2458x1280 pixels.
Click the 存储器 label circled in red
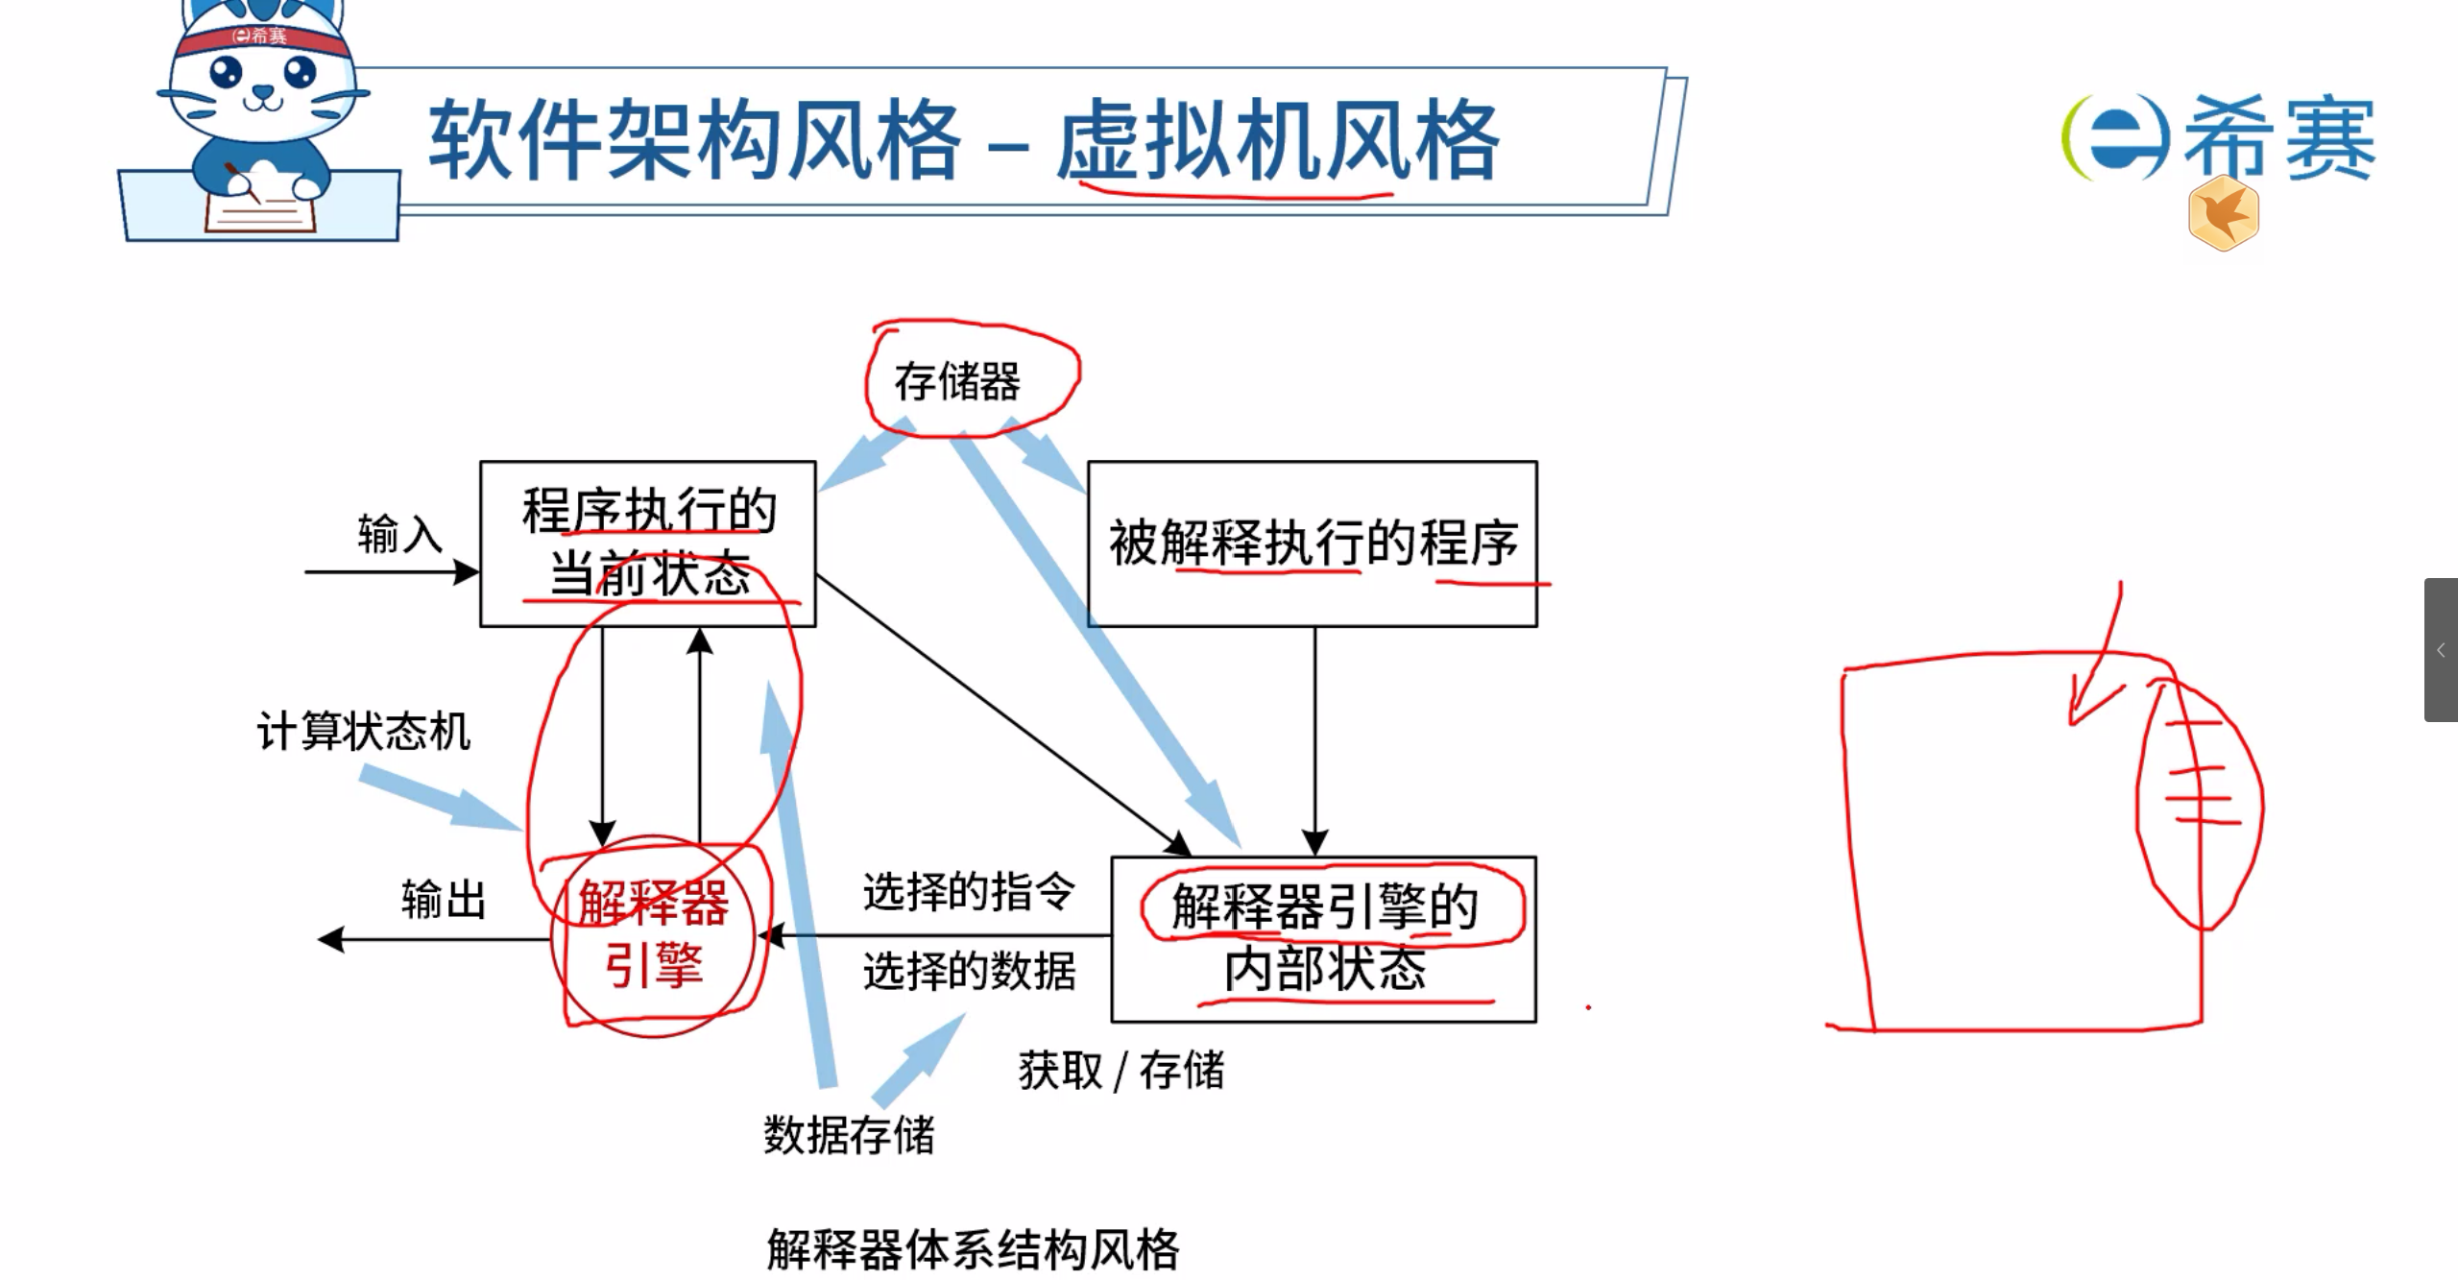click(956, 382)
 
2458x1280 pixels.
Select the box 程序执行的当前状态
click(648, 543)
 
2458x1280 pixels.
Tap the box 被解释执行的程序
click(1312, 543)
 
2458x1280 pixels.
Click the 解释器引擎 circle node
click(654, 935)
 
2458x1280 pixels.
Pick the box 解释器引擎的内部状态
click(1323, 938)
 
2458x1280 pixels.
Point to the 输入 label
click(399, 534)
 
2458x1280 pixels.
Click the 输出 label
click(444, 901)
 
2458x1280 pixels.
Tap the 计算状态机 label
click(364, 732)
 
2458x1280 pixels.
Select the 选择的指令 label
click(969, 892)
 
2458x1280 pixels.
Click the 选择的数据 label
click(969, 971)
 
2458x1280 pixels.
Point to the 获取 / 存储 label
click(1121, 1071)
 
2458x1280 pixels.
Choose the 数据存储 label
click(849, 1135)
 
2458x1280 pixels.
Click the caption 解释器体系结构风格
click(973, 1249)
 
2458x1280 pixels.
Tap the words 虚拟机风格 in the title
click(1277, 142)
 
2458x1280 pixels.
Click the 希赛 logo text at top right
click(2277, 139)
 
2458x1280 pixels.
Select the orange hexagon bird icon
click(2224, 214)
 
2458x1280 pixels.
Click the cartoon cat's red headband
click(260, 36)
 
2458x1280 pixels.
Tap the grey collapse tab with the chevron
click(2441, 650)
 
